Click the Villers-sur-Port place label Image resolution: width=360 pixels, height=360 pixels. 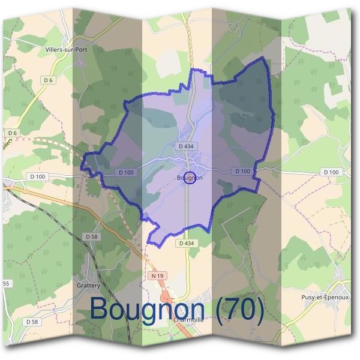point(70,50)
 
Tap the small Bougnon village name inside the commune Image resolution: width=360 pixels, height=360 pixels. point(190,178)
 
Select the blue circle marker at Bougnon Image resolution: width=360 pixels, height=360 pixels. point(190,178)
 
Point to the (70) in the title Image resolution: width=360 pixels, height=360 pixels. point(239,310)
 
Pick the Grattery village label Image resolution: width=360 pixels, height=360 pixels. point(88,285)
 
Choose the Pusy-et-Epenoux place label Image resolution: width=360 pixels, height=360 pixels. point(324,297)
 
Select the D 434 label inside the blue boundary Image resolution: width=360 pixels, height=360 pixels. point(185,146)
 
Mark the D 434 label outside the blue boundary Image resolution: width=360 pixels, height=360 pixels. point(186,243)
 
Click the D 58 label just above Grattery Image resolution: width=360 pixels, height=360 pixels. point(91,237)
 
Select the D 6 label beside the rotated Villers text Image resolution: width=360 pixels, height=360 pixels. point(13,132)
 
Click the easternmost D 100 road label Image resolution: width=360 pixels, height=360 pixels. point(331,172)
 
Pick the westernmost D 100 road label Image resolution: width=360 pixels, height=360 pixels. point(37,176)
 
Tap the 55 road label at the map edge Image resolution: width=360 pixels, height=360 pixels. point(6,283)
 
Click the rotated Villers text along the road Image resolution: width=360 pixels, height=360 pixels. point(7,146)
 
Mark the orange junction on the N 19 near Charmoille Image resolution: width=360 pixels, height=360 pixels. point(166,296)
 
